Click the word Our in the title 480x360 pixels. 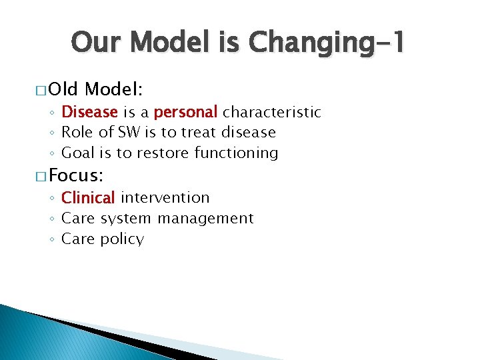(99, 44)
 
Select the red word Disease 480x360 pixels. (89, 112)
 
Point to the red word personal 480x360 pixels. (186, 112)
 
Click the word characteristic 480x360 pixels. (272, 112)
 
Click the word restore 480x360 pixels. (163, 153)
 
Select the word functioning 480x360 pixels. (236, 153)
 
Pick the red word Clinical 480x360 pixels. (88, 198)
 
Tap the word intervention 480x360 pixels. (165, 198)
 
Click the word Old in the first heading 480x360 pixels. (64, 89)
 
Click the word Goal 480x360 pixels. (78, 153)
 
